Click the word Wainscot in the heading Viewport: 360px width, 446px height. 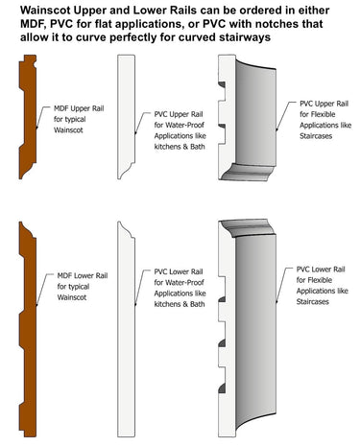click(48, 8)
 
